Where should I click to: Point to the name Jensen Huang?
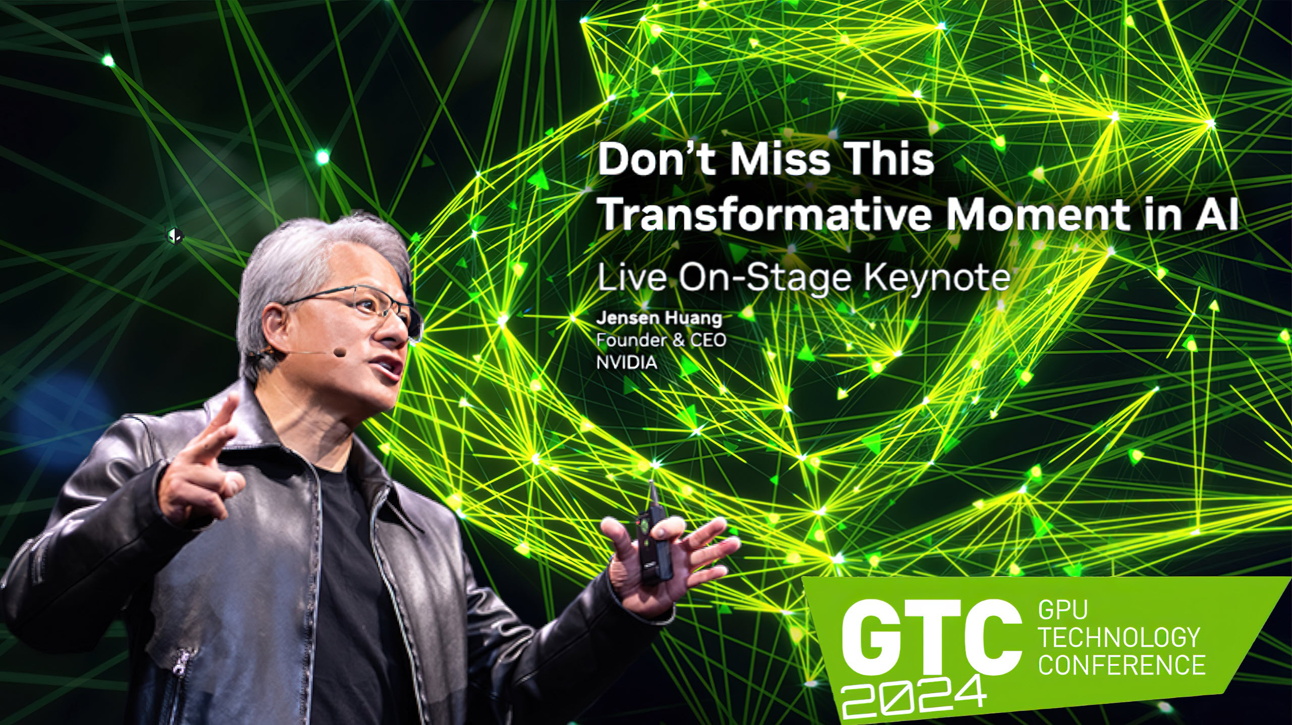coord(659,319)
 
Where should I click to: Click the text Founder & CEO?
coord(661,341)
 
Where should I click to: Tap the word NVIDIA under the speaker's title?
coord(627,362)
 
